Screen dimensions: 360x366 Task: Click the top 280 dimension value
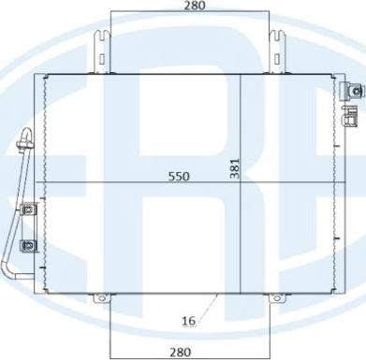click(x=195, y=7)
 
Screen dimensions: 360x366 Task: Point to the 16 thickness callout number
click(x=187, y=320)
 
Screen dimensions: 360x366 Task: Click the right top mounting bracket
click(x=277, y=51)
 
